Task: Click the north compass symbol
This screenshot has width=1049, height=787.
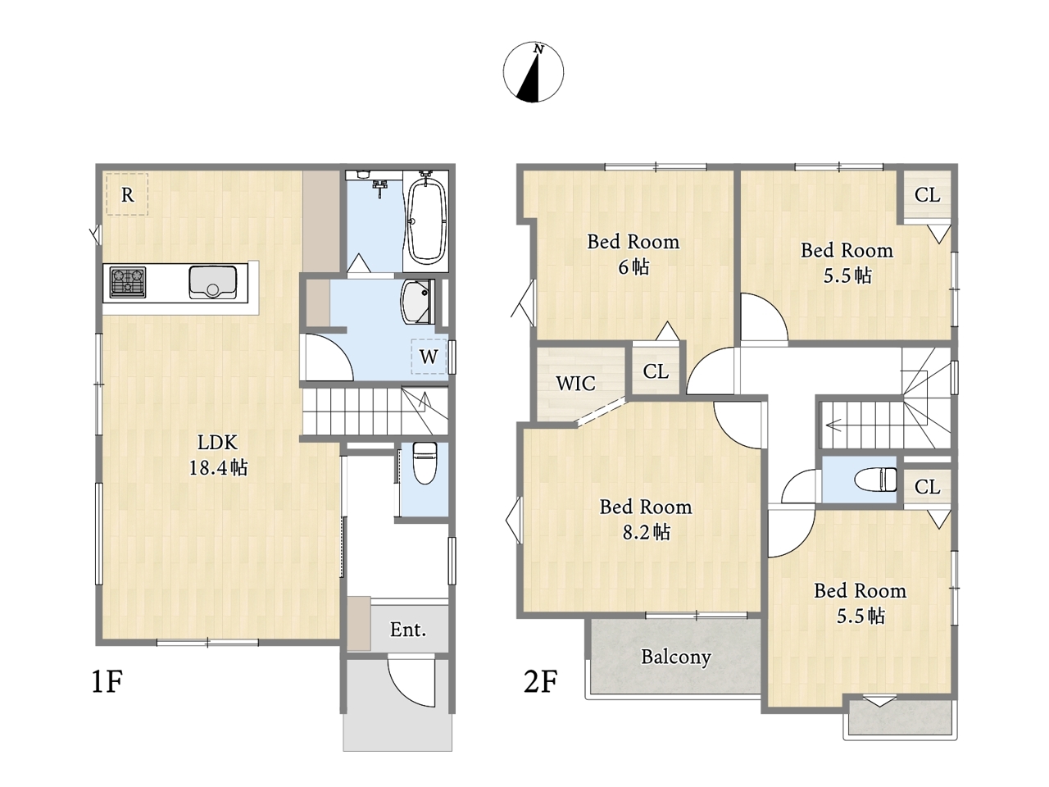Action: [x=533, y=71]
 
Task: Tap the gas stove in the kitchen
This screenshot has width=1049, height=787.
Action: [x=128, y=282]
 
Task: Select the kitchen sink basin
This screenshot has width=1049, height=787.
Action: [x=212, y=282]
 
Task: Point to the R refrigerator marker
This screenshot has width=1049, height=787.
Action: [x=127, y=194]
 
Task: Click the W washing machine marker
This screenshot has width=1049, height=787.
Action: [x=429, y=357]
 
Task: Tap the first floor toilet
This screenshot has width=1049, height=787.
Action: [x=425, y=462]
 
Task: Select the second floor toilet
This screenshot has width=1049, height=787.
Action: [x=875, y=480]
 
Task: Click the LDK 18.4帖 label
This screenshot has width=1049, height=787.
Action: [x=218, y=455]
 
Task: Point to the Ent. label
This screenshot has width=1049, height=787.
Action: [x=407, y=630]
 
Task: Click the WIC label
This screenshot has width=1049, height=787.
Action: [x=576, y=383]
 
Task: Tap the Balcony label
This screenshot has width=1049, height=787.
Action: [x=676, y=657]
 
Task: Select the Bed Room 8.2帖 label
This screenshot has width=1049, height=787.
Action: [x=646, y=519]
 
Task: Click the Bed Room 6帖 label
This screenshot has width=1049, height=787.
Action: [x=633, y=254]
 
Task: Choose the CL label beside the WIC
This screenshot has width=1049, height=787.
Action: [x=656, y=371]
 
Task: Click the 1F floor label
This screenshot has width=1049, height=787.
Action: [x=107, y=681]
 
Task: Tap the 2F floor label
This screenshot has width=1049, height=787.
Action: [x=541, y=681]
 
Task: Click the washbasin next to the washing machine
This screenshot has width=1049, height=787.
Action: [x=417, y=302]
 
